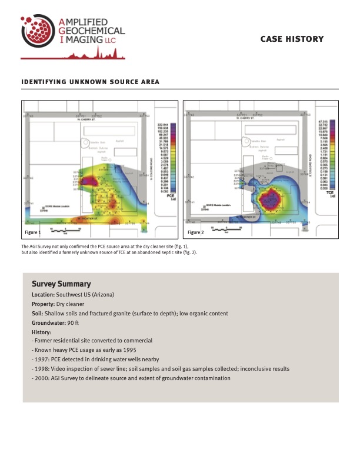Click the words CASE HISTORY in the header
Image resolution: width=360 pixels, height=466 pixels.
[292, 39]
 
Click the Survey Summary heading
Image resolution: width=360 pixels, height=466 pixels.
[61, 284]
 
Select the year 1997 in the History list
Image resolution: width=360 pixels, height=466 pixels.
[42, 359]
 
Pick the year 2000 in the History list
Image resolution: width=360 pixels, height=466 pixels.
[42, 378]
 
